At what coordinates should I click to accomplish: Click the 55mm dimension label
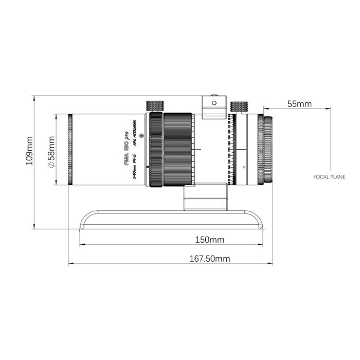(299, 104)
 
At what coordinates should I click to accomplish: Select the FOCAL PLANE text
(329, 176)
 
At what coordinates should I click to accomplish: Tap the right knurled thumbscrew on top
(239, 106)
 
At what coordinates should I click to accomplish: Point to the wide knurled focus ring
(178, 150)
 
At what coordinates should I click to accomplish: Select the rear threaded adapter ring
(268, 150)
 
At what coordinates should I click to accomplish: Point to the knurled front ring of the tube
(70, 150)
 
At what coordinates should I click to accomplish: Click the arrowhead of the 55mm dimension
(266, 109)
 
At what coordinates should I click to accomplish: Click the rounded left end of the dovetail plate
(84, 220)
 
